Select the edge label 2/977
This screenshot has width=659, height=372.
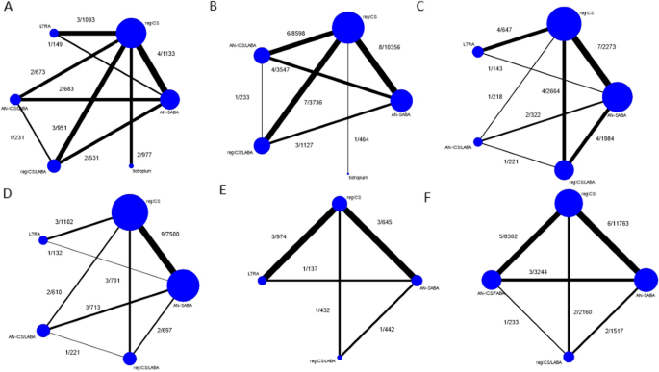click(144, 155)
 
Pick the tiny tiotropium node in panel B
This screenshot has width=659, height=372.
click(348, 174)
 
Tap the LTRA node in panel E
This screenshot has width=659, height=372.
click(266, 280)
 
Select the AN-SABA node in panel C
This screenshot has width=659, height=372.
click(616, 96)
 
